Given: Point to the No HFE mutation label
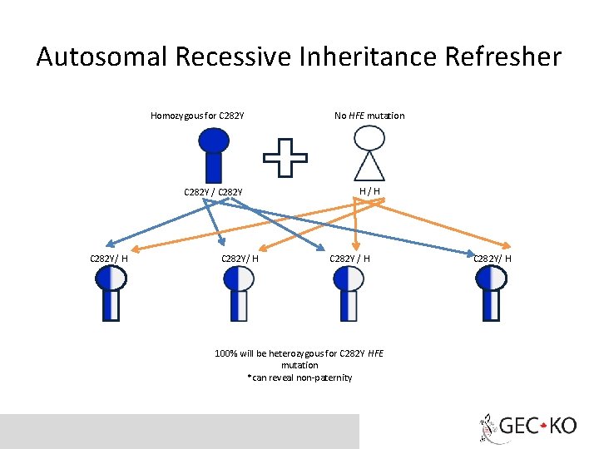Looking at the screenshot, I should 369,116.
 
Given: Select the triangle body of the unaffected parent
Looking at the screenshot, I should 369,167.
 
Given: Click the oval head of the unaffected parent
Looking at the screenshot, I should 369,138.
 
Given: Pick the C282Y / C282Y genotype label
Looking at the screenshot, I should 213,193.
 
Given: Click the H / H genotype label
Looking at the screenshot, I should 369,191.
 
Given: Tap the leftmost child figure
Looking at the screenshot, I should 111,293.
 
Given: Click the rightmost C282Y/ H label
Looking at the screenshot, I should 492,258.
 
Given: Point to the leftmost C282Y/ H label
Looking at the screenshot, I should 109,258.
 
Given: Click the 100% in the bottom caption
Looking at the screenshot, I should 225,354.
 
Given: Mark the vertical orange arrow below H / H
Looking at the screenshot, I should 356,224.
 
